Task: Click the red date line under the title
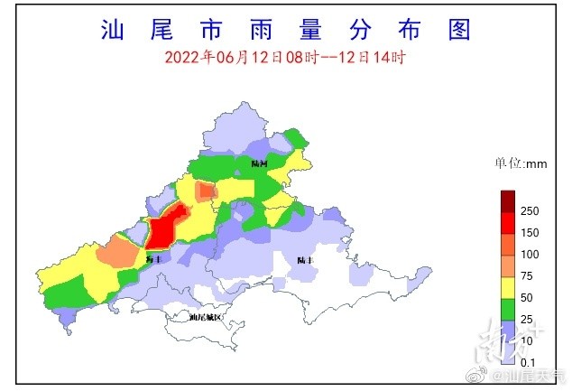click(x=285, y=57)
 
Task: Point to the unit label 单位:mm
click(x=521, y=164)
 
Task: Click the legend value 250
click(x=530, y=211)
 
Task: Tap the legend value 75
click(x=530, y=276)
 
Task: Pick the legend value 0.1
click(x=530, y=362)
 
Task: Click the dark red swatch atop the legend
click(x=509, y=200)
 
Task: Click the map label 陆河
click(x=260, y=163)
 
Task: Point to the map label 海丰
click(x=152, y=259)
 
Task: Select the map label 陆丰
click(x=304, y=260)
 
